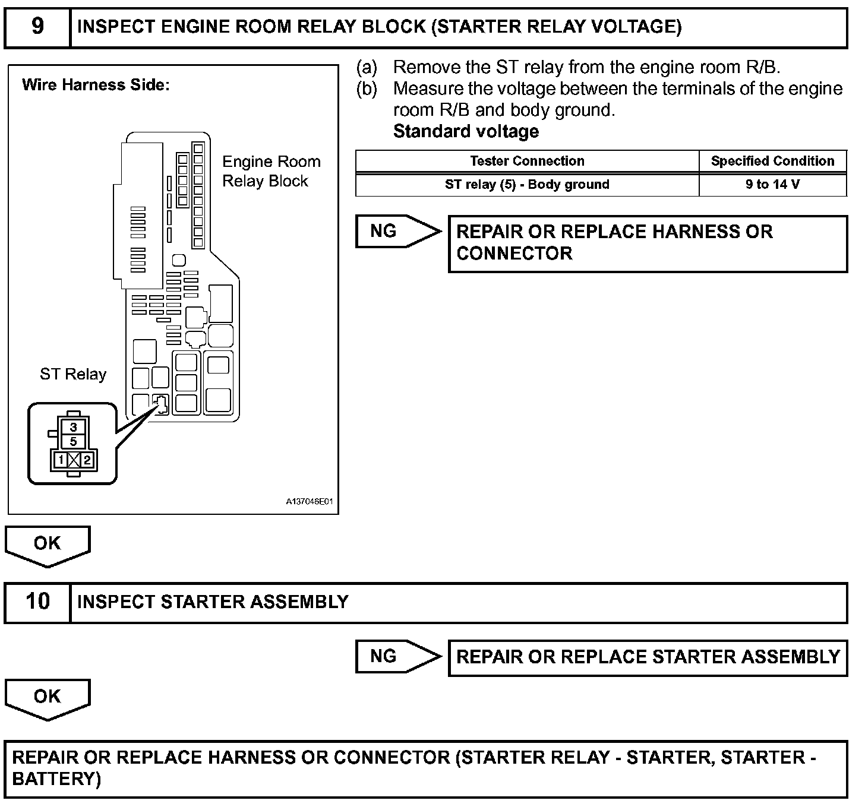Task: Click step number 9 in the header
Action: click(37, 27)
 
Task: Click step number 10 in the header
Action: click(37, 602)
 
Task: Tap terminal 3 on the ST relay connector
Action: click(73, 427)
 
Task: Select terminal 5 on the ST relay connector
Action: click(73, 441)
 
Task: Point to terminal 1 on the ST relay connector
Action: click(61, 460)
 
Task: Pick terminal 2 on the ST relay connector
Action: click(87, 460)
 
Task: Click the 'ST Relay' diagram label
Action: click(73, 374)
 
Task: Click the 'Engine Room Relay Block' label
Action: click(271, 171)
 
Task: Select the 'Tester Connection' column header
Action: click(527, 161)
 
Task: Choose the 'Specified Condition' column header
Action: click(772, 161)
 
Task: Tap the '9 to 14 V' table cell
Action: click(772, 184)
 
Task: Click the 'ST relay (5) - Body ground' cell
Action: click(527, 184)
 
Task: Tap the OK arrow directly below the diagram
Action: click(48, 544)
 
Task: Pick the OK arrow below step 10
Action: click(48, 697)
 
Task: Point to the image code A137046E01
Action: click(309, 502)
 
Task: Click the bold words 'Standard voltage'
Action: click(466, 131)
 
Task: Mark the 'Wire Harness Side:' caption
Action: click(96, 85)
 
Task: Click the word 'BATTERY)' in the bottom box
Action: click(56, 779)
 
